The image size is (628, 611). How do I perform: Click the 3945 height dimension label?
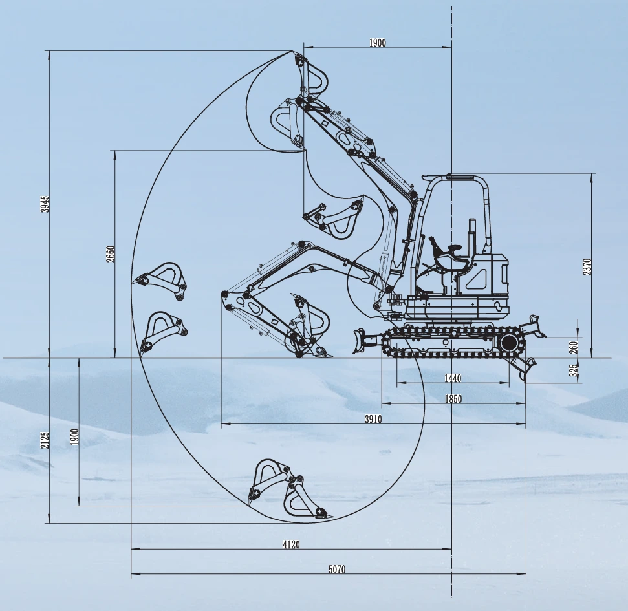coord(46,204)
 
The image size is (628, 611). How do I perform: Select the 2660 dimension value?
coord(111,254)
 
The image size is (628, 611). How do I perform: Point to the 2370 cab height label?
coord(587,266)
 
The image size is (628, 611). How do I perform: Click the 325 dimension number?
coord(574,370)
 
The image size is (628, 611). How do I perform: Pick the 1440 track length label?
coord(453,378)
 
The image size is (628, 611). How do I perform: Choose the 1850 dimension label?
coord(453,399)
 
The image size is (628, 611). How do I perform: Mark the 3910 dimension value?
coord(373,419)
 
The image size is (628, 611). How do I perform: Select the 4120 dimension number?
coord(291,544)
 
